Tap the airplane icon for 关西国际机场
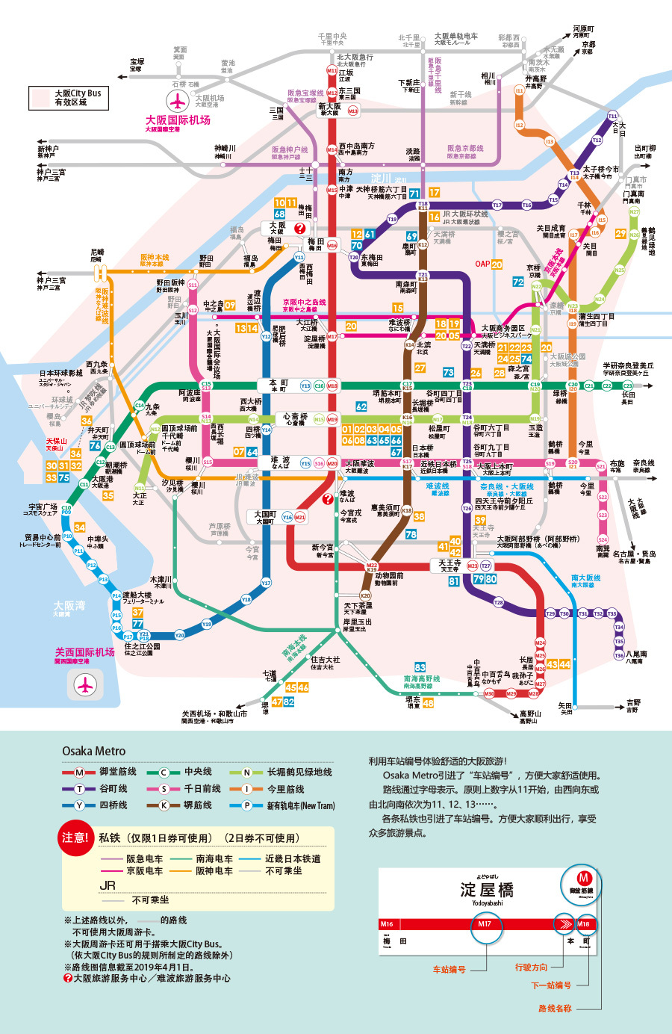(x=86, y=684)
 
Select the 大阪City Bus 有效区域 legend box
(x=69, y=98)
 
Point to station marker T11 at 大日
(x=612, y=117)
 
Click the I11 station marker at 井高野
(x=520, y=90)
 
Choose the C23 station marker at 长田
(x=628, y=386)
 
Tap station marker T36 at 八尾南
(x=619, y=655)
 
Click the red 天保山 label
(x=56, y=442)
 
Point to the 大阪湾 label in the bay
(x=69, y=606)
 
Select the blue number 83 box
(x=420, y=667)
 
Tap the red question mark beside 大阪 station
(x=300, y=229)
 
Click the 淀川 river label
(x=382, y=179)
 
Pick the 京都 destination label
(x=588, y=45)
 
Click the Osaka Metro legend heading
(x=93, y=751)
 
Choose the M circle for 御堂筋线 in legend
(x=79, y=772)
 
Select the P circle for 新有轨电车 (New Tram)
(x=246, y=805)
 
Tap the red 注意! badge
(x=75, y=838)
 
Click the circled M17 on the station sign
(x=485, y=924)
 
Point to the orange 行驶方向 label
(x=531, y=967)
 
